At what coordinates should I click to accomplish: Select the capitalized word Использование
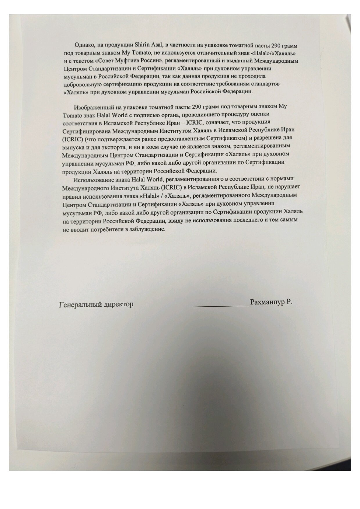tap(92, 179)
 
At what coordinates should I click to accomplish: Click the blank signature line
tap(220, 305)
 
